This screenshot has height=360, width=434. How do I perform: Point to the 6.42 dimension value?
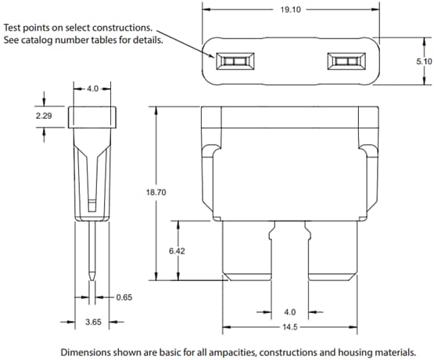pos(179,251)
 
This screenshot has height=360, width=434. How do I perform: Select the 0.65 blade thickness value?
pos(124,297)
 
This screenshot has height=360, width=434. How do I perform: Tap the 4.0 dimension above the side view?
pos(93,88)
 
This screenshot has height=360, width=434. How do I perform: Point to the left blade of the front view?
pos(249,250)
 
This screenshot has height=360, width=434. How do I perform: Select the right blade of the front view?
pos(329,250)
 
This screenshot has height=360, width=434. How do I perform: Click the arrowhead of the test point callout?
pos(213,54)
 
